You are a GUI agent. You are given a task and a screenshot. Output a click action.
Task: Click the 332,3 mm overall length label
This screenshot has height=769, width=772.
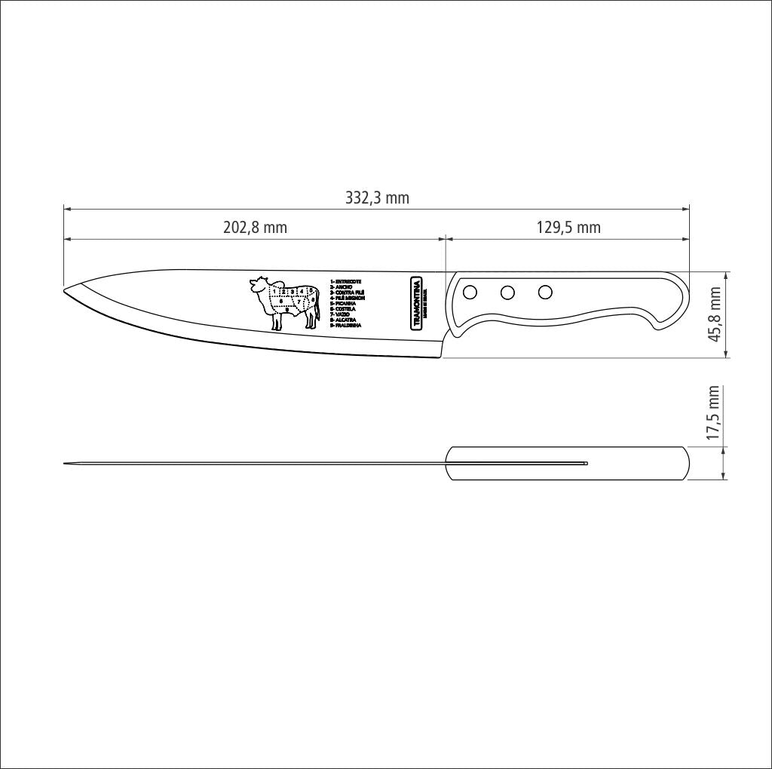pyautogui.click(x=377, y=198)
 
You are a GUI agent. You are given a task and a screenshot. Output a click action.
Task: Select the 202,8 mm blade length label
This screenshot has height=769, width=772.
pyautogui.click(x=255, y=228)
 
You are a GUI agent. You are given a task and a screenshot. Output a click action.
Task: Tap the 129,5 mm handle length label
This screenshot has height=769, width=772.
pyautogui.click(x=568, y=228)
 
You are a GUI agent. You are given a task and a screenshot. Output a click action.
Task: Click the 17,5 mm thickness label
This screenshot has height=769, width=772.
pyautogui.click(x=714, y=414)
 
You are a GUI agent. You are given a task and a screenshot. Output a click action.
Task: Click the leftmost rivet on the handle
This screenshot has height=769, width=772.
pyautogui.click(x=469, y=291)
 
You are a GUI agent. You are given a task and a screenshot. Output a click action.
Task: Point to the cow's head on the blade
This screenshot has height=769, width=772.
pyautogui.click(x=258, y=285)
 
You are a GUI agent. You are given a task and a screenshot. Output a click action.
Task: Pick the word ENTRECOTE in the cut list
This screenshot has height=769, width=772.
pyautogui.click(x=348, y=281)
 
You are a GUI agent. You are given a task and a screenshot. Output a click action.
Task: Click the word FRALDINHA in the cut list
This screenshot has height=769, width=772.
pyautogui.click(x=348, y=325)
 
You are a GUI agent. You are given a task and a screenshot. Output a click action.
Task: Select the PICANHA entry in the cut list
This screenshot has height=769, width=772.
pyautogui.click(x=345, y=303)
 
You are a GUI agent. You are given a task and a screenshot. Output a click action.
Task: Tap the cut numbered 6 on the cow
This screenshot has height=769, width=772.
pyautogui.click(x=281, y=301)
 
